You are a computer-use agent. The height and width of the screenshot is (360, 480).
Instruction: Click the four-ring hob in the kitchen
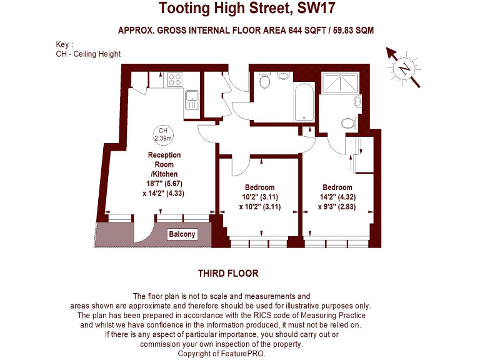click(x=174, y=79)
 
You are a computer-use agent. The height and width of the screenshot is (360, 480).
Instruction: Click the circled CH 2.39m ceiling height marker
click(x=162, y=134)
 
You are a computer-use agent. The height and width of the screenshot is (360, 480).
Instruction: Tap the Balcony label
click(x=182, y=235)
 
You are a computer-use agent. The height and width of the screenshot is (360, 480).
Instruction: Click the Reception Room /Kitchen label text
click(x=164, y=164)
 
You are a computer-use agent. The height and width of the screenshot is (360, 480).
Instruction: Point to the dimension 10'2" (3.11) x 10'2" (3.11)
click(x=259, y=201)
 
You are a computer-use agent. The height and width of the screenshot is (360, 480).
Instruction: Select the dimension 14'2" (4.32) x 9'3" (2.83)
click(x=337, y=201)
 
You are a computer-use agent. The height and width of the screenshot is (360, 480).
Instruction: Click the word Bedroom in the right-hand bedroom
click(x=337, y=187)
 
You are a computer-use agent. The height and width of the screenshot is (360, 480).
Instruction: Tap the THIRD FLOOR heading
click(x=228, y=274)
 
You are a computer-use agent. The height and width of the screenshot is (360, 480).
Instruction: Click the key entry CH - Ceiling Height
click(x=88, y=54)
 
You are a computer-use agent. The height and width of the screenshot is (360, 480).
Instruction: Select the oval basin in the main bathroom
click(x=283, y=76)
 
